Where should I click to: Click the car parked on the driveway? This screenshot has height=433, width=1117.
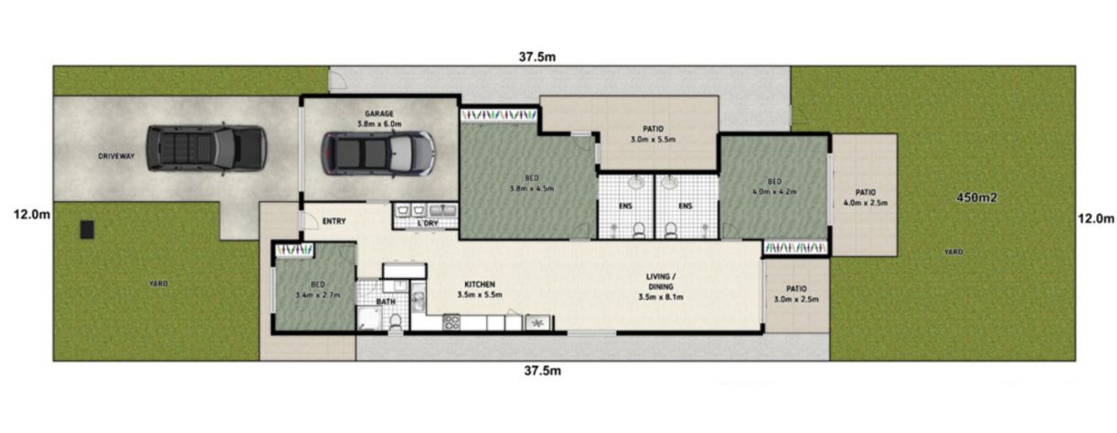(x=207, y=148)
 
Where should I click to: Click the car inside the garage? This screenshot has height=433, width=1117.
(x=378, y=153)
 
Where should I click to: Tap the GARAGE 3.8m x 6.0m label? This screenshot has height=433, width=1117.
(x=379, y=119)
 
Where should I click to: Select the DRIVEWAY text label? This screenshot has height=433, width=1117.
(x=116, y=156)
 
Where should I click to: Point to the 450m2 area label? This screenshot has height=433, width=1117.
(x=976, y=198)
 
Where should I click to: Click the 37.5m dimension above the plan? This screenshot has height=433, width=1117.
(x=537, y=57)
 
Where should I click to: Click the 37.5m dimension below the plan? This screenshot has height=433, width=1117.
(x=542, y=371)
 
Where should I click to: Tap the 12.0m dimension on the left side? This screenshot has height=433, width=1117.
(x=32, y=215)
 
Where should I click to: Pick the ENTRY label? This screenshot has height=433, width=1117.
(x=334, y=221)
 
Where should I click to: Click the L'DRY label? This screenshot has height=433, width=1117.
(x=428, y=223)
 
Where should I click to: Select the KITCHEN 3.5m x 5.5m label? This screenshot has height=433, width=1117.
(x=480, y=290)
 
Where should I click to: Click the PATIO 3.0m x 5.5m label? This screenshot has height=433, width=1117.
(x=653, y=134)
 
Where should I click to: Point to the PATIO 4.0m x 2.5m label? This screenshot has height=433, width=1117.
(x=866, y=197)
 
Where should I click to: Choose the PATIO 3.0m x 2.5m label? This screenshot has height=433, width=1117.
(x=796, y=294)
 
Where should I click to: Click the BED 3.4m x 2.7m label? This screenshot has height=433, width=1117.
(x=318, y=290)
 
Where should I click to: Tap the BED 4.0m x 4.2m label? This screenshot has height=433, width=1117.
(x=774, y=186)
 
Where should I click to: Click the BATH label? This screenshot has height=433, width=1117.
(x=386, y=301)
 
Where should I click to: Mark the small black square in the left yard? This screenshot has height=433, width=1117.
(x=87, y=229)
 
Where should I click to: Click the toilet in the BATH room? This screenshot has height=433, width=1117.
(x=396, y=322)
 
